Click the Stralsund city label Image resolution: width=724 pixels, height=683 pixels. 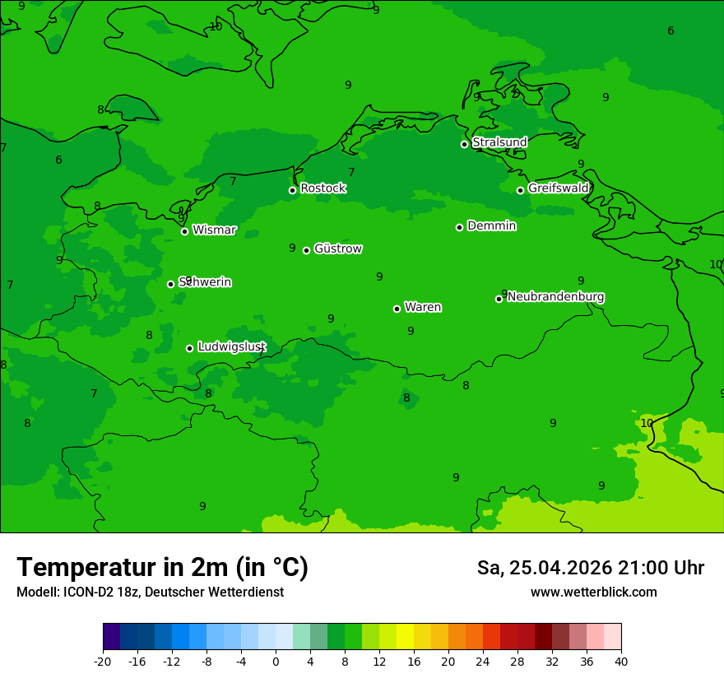(x=499, y=142)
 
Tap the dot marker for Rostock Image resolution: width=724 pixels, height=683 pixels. (x=292, y=190)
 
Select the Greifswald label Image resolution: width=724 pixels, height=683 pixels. (x=559, y=188)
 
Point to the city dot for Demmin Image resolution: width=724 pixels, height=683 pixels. (x=459, y=227)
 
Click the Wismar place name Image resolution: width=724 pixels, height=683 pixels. (x=214, y=230)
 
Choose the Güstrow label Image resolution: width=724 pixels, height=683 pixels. (x=338, y=249)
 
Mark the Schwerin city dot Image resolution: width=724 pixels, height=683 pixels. (x=170, y=284)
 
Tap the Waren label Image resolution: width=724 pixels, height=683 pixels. (x=423, y=308)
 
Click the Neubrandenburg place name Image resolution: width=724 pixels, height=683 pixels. (x=556, y=297)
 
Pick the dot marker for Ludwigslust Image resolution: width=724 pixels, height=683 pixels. (x=189, y=348)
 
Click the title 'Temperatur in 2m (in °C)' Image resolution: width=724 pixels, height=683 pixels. (x=162, y=568)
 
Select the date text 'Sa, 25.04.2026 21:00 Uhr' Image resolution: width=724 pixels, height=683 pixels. (x=590, y=568)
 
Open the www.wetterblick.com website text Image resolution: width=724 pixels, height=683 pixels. (x=593, y=592)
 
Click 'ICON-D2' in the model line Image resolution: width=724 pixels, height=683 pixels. (x=92, y=592)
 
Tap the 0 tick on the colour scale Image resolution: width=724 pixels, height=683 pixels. (x=276, y=661)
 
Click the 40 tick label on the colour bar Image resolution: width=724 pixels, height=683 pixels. (x=620, y=661)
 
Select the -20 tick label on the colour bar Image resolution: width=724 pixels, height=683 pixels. (x=103, y=661)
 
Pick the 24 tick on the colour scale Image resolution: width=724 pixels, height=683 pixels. (x=483, y=661)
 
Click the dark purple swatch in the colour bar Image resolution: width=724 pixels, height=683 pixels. (x=111, y=637)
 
